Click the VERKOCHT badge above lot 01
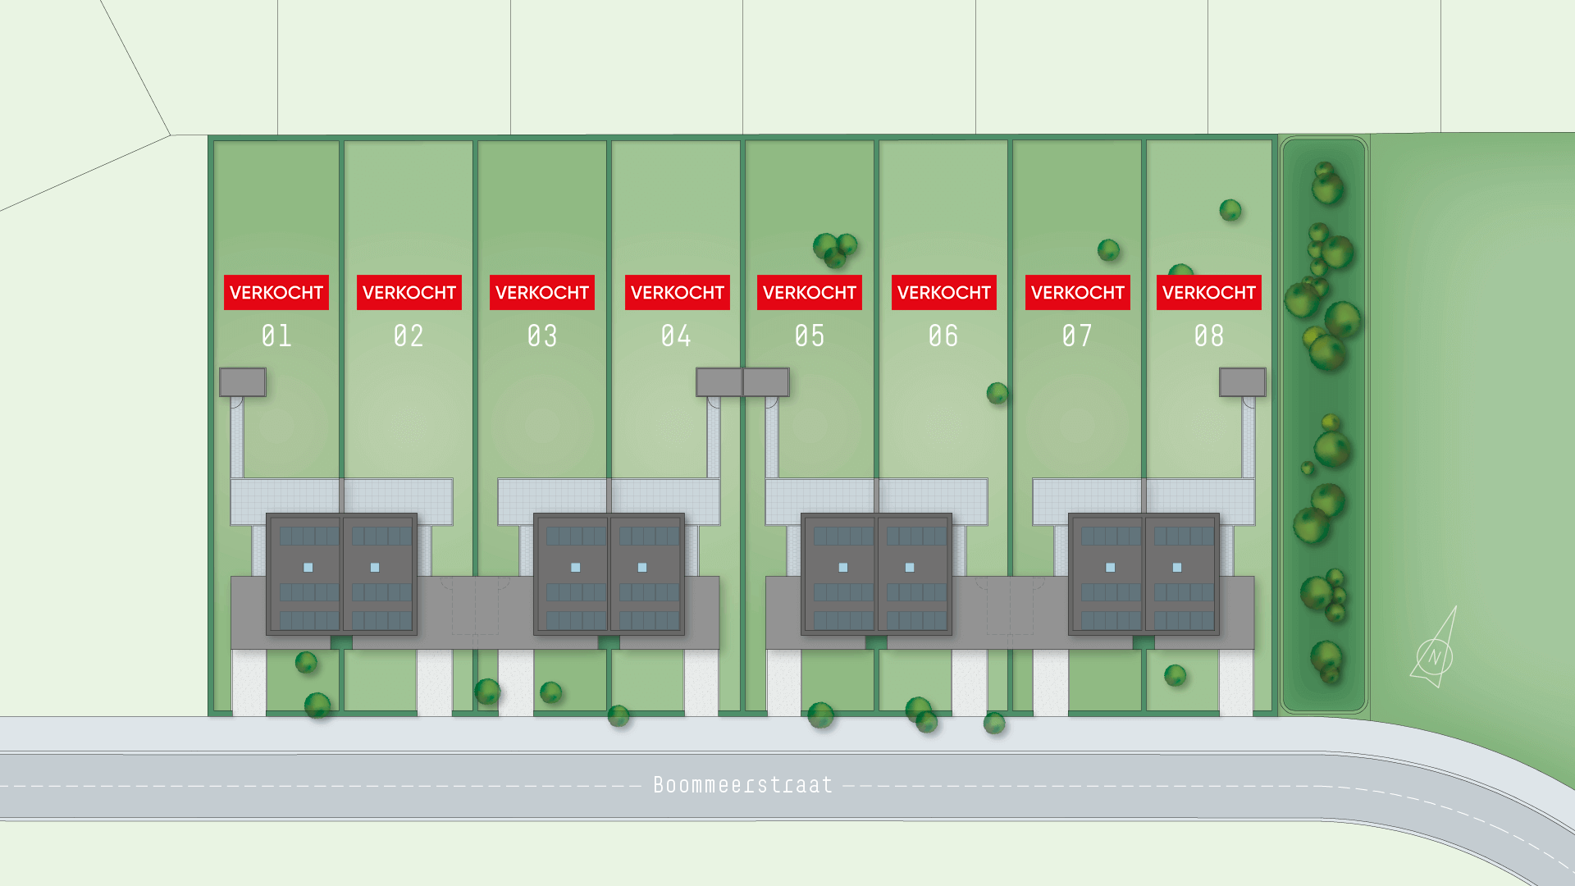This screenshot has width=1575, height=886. click(276, 292)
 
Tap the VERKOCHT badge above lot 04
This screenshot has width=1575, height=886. click(678, 292)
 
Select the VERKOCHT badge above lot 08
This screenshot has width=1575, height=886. click(1209, 292)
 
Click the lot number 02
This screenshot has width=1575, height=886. click(409, 336)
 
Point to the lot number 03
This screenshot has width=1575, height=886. click(542, 336)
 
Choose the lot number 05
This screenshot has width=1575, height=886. click(810, 336)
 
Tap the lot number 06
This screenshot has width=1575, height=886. click(943, 336)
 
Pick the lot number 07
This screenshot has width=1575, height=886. click(1077, 336)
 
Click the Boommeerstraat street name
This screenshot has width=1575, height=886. click(743, 785)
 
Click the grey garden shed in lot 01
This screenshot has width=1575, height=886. click(243, 382)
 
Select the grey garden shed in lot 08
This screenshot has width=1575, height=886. click(1243, 382)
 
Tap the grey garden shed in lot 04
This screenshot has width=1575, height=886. click(719, 382)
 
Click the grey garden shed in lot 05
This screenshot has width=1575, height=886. click(766, 382)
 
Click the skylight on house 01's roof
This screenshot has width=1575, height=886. click(308, 568)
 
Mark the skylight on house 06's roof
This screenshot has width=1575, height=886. click(910, 568)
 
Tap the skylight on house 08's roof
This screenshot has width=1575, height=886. click(1177, 568)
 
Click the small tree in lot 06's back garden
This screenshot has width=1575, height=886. click(997, 394)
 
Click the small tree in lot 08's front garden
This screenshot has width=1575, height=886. click(1176, 676)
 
